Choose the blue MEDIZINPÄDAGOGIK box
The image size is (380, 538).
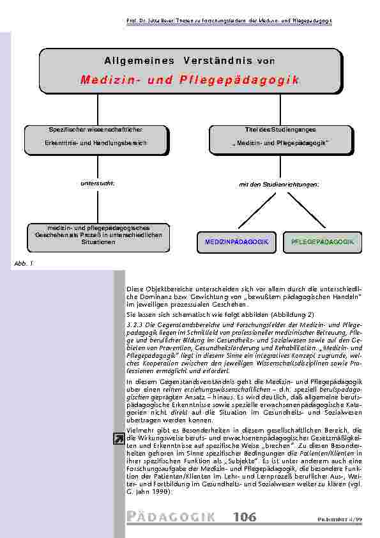(236, 243)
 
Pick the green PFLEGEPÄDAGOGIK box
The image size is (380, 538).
(322, 243)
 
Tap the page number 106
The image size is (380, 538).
(245, 517)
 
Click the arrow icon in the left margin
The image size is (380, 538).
(119, 438)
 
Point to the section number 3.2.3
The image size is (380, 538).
(135, 325)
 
